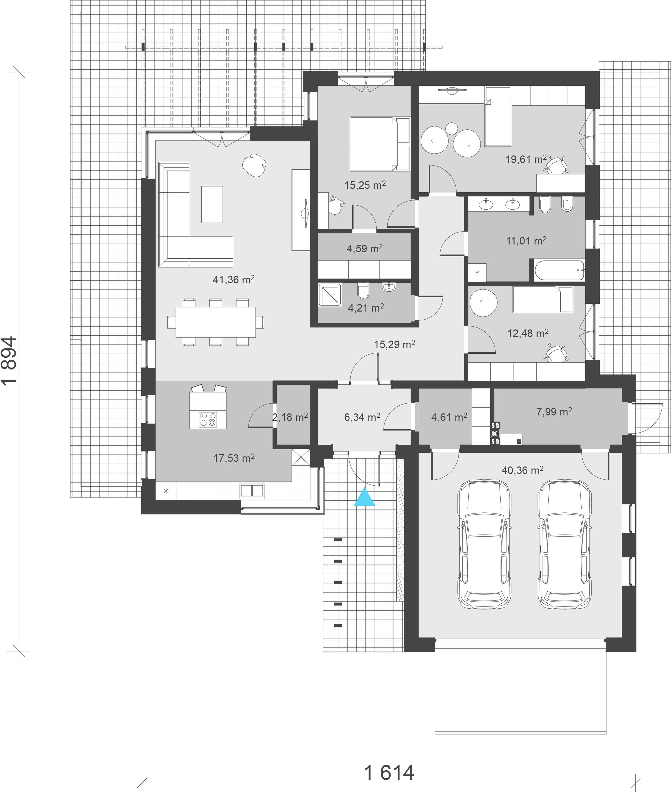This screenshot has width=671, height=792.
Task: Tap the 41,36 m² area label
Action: [234, 280]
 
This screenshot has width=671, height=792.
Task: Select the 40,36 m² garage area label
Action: [522, 470]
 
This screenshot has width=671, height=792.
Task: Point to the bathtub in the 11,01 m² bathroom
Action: [559, 270]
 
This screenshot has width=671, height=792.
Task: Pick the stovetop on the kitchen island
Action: [208, 419]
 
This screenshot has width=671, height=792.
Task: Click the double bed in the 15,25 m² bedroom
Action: [380, 144]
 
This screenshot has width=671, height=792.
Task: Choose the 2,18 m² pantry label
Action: [290, 417]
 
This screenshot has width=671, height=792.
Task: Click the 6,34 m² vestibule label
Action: [362, 417]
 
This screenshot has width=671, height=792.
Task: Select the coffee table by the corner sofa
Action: [212, 204]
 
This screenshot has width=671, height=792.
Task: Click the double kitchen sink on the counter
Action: [251, 491]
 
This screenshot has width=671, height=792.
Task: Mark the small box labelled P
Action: [477, 272]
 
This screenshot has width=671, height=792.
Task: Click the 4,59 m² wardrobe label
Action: [364, 249]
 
